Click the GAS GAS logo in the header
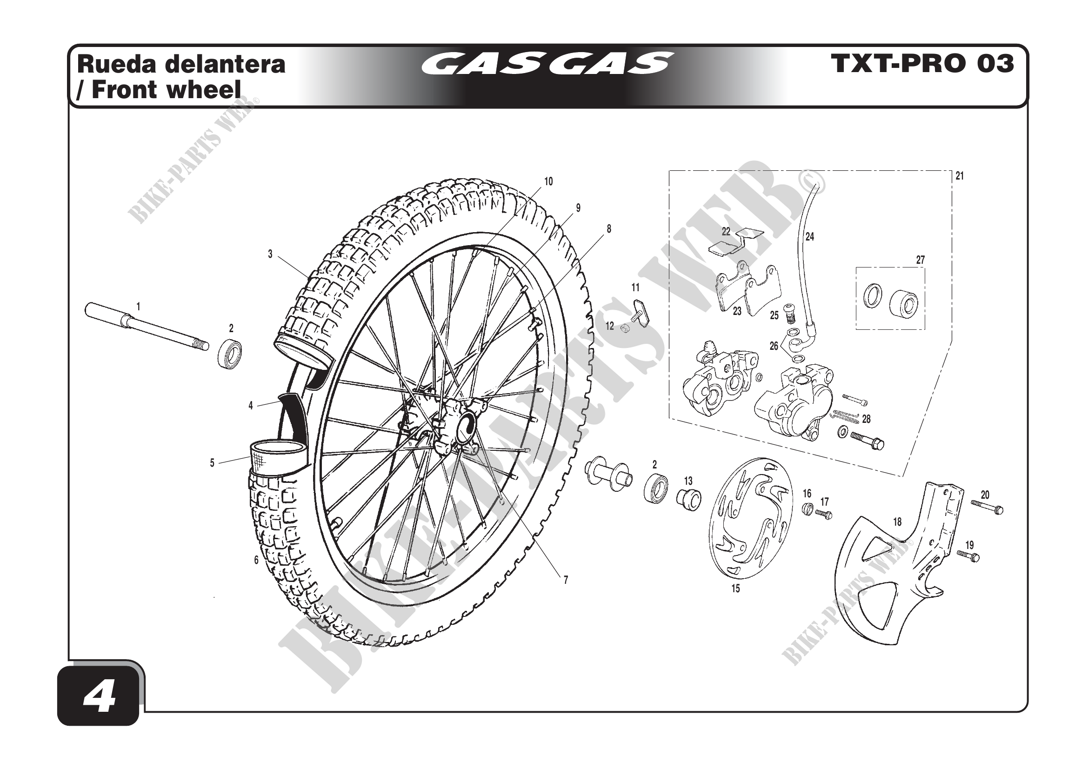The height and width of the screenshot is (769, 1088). click(547, 64)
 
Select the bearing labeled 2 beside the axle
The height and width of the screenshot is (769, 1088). click(231, 354)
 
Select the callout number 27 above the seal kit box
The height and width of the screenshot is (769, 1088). click(920, 260)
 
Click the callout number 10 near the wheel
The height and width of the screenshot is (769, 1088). click(548, 181)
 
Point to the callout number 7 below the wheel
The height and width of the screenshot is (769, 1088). click(565, 580)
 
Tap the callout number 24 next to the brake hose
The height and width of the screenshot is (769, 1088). click(810, 236)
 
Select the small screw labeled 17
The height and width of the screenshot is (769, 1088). click(824, 514)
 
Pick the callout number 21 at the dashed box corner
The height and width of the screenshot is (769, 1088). click(960, 176)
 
